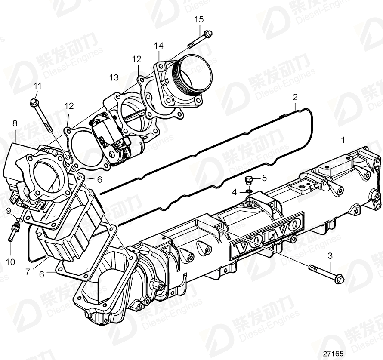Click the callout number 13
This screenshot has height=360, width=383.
click(113, 77)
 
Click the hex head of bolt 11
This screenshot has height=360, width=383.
click(35, 102)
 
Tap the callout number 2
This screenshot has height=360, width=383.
click(295, 96)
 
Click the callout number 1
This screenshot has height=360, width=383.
click(343, 140)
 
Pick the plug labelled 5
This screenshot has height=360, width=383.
click(248, 179)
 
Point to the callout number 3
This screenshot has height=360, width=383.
click(330, 256)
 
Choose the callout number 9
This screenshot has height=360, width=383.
click(9, 211)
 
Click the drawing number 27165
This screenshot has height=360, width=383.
click(334, 353)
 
